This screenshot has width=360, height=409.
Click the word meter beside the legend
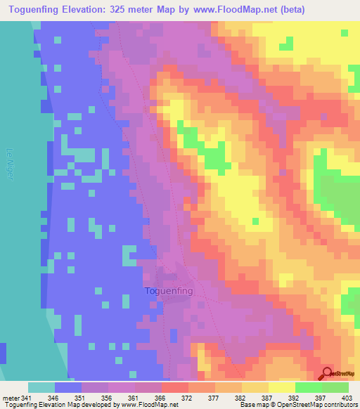[10, 398]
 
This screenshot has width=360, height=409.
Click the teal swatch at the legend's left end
[41, 387]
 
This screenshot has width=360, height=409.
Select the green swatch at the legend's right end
[335, 387]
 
